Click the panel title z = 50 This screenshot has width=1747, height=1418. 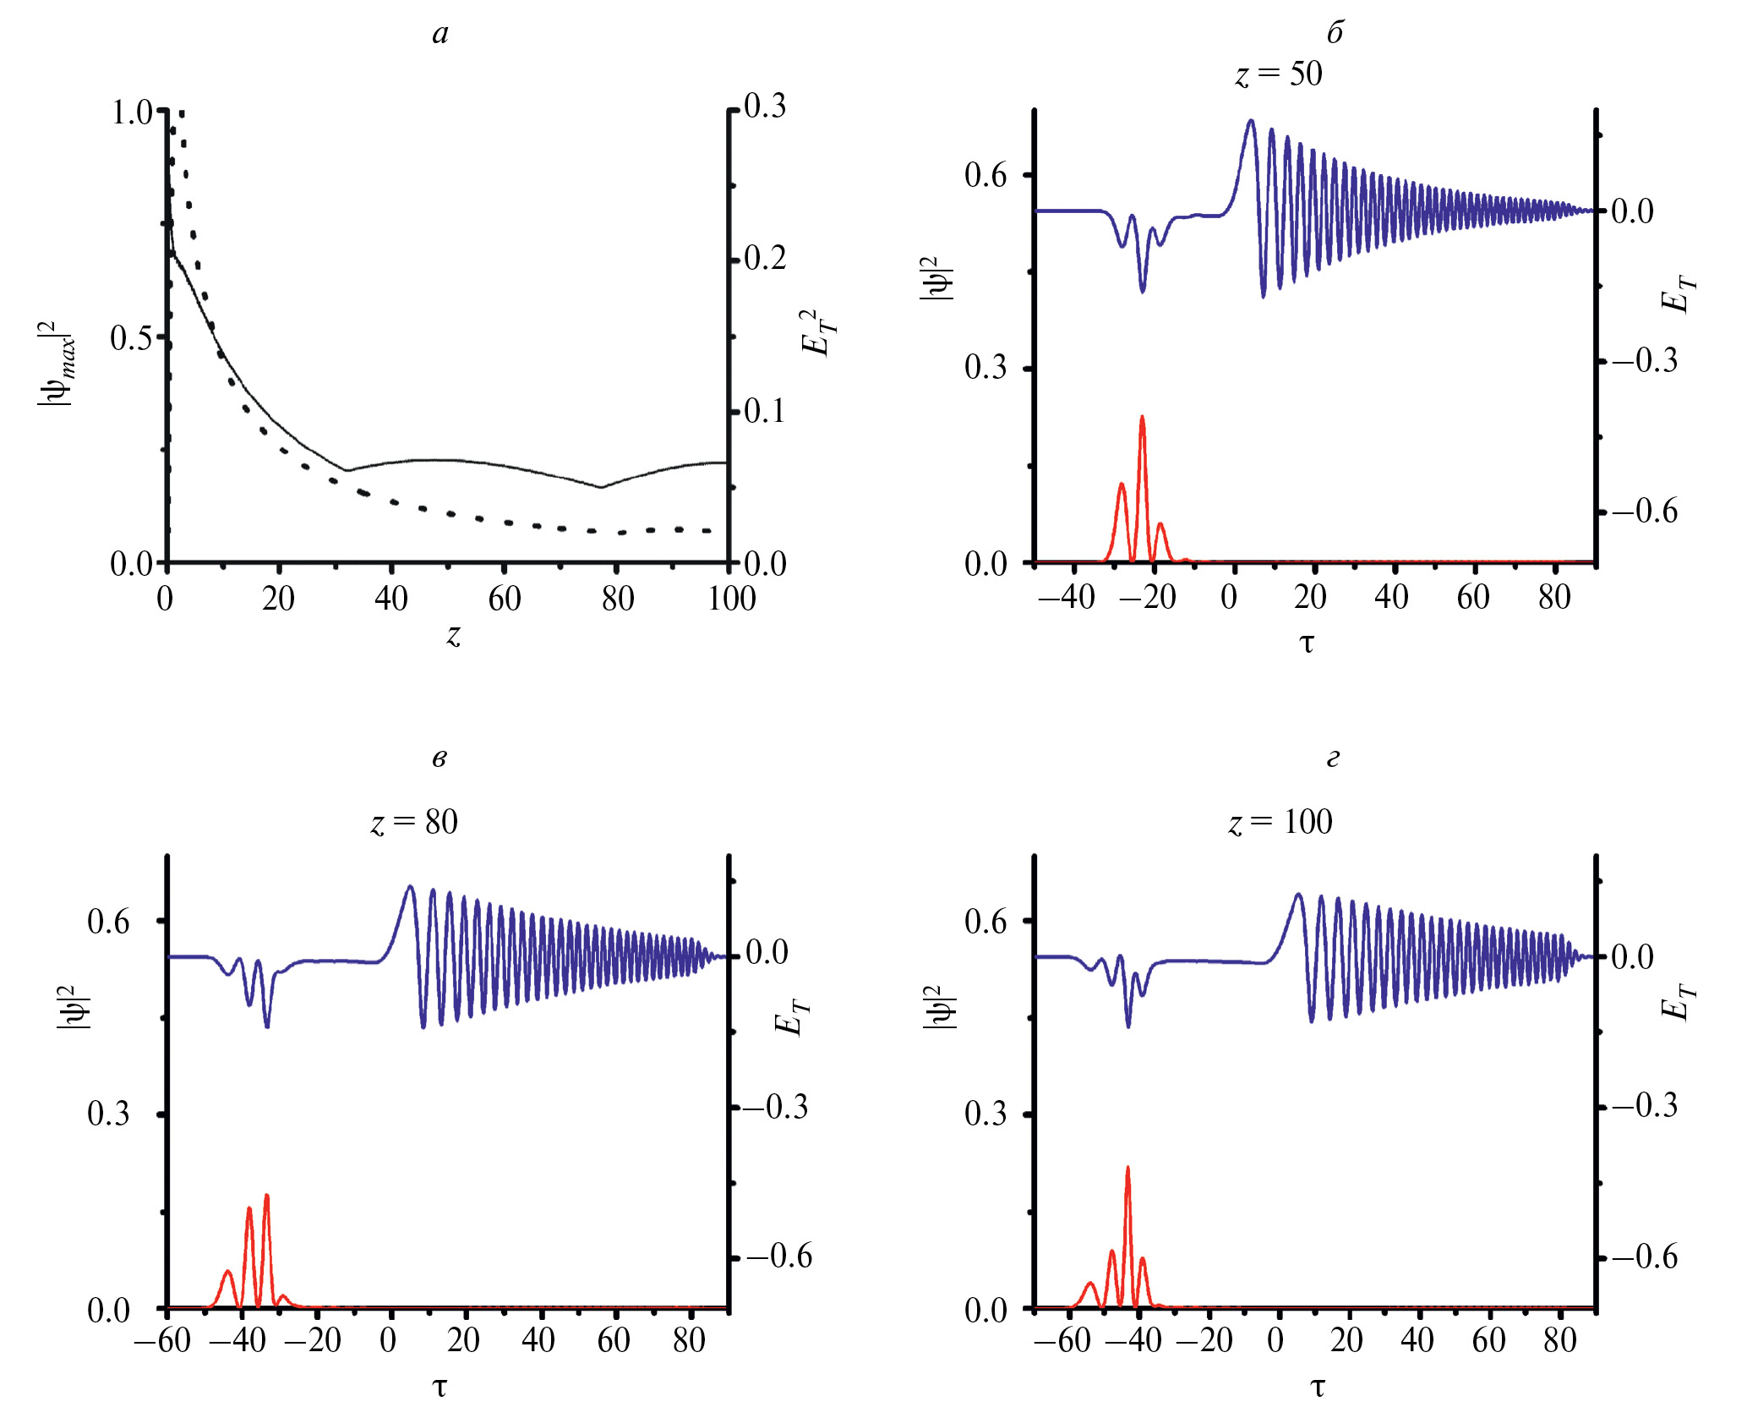[x=1279, y=74]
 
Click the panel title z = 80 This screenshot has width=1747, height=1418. [x=414, y=822]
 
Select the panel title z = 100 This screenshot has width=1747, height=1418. [x=1280, y=822]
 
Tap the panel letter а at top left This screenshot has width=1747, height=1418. [x=440, y=34]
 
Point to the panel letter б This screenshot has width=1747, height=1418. [x=1335, y=33]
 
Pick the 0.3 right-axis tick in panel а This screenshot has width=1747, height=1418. [x=765, y=107]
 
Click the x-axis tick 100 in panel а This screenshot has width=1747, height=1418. [x=731, y=600]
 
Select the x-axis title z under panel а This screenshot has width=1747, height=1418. [x=454, y=635]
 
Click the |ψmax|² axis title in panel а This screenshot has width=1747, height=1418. [x=57, y=364]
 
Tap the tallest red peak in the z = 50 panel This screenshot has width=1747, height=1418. [x=1143, y=418]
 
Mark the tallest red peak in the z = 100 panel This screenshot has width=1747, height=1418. [x=1127, y=1169]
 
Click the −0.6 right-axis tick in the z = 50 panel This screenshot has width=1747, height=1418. [x=1645, y=512]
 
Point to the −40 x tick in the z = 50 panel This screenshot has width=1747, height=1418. [x=1067, y=598]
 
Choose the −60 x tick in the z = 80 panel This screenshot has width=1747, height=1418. [x=162, y=1340]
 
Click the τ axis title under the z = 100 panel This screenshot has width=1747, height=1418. [x=1318, y=1386]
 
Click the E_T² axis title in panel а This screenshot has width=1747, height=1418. [x=817, y=332]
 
